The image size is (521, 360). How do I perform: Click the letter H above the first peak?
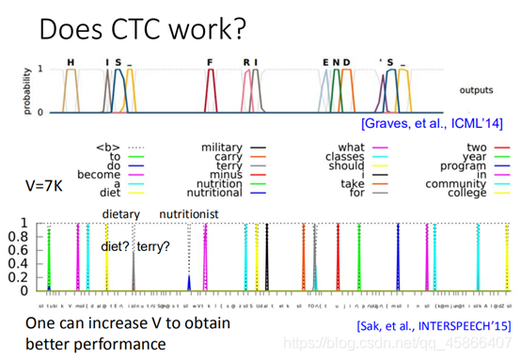71,62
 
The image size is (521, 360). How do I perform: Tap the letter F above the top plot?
211,62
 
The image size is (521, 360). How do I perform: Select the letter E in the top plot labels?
325,62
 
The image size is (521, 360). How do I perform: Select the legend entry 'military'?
223,148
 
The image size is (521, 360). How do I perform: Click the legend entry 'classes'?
345,158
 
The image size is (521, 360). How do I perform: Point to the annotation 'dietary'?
120,214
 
